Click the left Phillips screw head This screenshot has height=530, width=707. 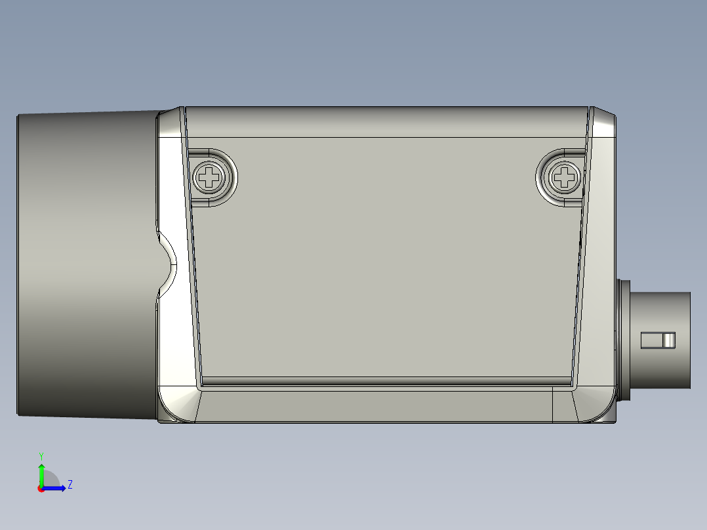(x=210, y=176)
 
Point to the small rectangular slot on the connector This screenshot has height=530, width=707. (x=657, y=340)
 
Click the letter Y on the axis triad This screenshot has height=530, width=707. (x=41, y=455)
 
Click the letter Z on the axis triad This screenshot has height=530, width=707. (x=70, y=485)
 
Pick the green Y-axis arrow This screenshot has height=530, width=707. (x=41, y=474)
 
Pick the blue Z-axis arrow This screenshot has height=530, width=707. (x=56, y=487)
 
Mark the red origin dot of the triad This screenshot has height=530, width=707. (x=41, y=488)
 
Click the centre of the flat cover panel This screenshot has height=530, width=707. (x=387, y=262)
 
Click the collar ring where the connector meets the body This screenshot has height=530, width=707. (x=624, y=340)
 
